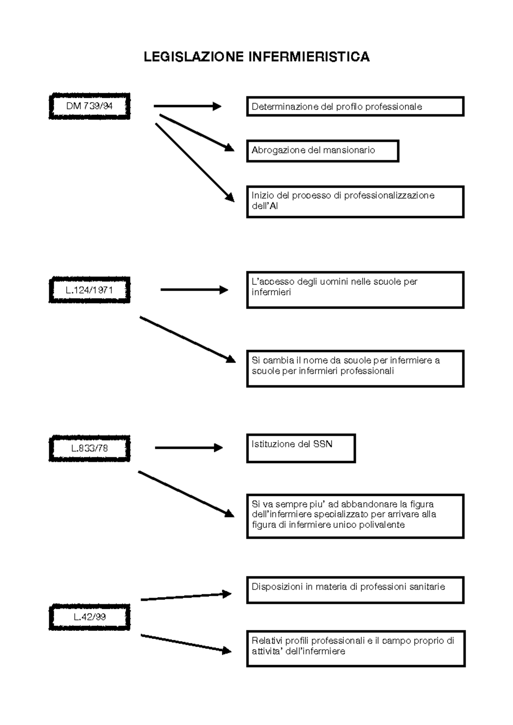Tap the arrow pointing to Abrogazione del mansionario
coord(197,133)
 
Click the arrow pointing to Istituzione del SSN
coord(189,448)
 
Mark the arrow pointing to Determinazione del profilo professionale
coord(188,106)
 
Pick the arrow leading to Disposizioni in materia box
coord(186,597)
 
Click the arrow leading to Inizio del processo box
coord(195,162)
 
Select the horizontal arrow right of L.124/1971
coord(195,290)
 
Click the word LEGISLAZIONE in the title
coord(194,57)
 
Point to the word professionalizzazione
coord(389,195)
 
